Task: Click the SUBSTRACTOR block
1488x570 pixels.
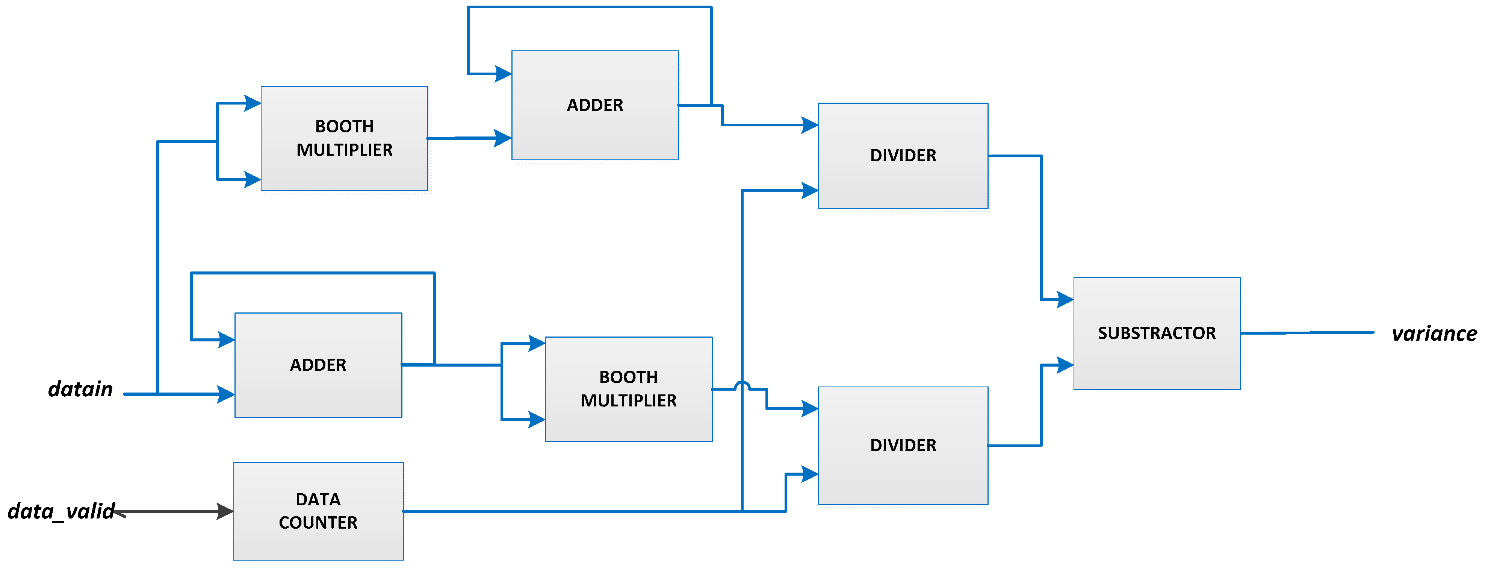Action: (x=1157, y=334)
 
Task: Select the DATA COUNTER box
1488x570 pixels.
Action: (x=318, y=511)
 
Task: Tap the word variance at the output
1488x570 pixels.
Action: (x=1434, y=334)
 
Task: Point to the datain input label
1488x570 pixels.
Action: (x=80, y=389)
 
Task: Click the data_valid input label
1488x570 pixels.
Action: (x=60, y=511)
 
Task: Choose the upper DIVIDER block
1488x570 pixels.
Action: (x=903, y=156)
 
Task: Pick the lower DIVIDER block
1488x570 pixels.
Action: (x=903, y=445)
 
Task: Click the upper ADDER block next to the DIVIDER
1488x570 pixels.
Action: (x=595, y=105)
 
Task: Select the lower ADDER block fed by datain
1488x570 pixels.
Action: (x=318, y=365)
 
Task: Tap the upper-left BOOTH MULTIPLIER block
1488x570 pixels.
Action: (x=344, y=138)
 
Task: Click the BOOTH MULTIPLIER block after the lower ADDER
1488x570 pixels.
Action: (x=629, y=389)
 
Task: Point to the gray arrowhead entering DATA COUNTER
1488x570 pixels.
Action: (x=224, y=511)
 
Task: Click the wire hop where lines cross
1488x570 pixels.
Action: (x=742, y=386)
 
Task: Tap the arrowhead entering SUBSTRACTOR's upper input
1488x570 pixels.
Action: (x=1064, y=299)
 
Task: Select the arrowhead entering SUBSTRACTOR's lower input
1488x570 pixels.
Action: (x=1064, y=365)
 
